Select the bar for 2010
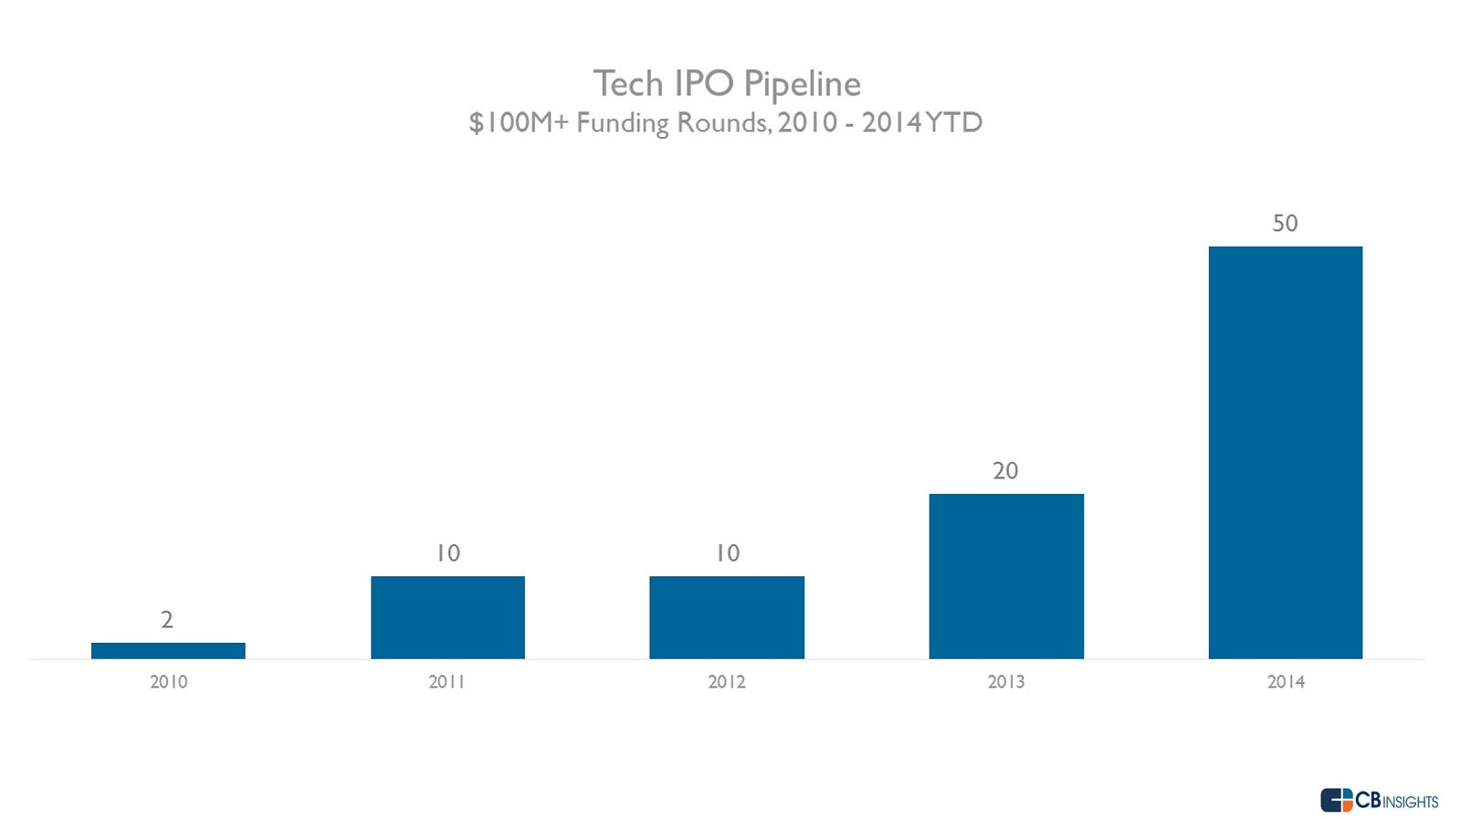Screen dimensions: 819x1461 [x=168, y=650]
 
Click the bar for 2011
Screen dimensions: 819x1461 [x=447, y=617]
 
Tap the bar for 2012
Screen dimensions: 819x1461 [x=727, y=617]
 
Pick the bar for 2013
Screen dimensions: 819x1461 [x=1006, y=576]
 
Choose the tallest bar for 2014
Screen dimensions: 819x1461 [x=1286, y=452]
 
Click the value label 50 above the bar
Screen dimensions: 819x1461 [x=1285, y=224]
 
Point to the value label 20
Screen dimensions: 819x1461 [x=1005, y=471]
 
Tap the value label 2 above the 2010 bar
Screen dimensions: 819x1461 [x=167, y=620]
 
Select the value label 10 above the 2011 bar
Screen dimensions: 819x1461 [x=447, y=553]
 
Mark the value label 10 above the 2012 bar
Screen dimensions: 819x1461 [x=727, y=553]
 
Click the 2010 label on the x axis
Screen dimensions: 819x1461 [x=168, y=682]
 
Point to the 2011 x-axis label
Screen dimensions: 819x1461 [x=447, y=682]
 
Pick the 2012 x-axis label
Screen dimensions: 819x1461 [x=727, y=682]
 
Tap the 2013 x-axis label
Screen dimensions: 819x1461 [x=1006, y=682]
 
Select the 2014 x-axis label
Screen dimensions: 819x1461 [x=1286, y=682]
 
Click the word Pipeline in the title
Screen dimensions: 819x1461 [x=802, y=85]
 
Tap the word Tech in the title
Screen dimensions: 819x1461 [x=628, y=84]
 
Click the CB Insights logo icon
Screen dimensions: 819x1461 [x=1336, y=800]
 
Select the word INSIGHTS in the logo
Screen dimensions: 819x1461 [x=1411, y=803]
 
